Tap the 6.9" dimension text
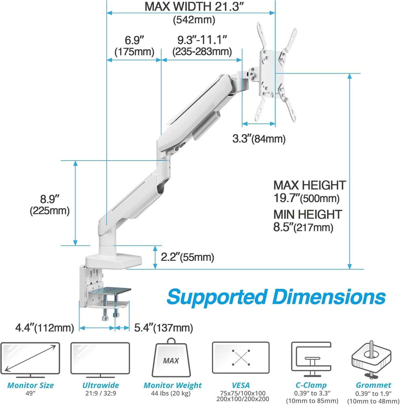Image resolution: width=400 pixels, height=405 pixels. tap(134, 40)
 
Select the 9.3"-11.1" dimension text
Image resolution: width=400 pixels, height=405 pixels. tap(202, 40)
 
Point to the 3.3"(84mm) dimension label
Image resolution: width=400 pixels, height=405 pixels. tap(259, 139)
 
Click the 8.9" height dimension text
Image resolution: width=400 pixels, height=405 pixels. tap(50, 199)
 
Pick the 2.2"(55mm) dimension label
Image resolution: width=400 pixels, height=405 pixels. tap(187, 257)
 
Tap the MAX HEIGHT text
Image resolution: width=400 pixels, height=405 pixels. tap(309, 185)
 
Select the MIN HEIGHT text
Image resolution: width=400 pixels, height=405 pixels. tap(308, 215)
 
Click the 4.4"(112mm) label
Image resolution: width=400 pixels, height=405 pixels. tap(45, 328)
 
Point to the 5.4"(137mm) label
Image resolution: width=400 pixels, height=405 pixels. tap(163, 328)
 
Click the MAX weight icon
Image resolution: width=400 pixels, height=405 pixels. tap(171, 359)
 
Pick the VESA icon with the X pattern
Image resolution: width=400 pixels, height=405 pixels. tap(241, 358)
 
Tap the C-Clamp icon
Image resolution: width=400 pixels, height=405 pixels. tap(311, 359)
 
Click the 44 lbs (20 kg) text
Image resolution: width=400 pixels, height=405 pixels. tap(171, 393)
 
